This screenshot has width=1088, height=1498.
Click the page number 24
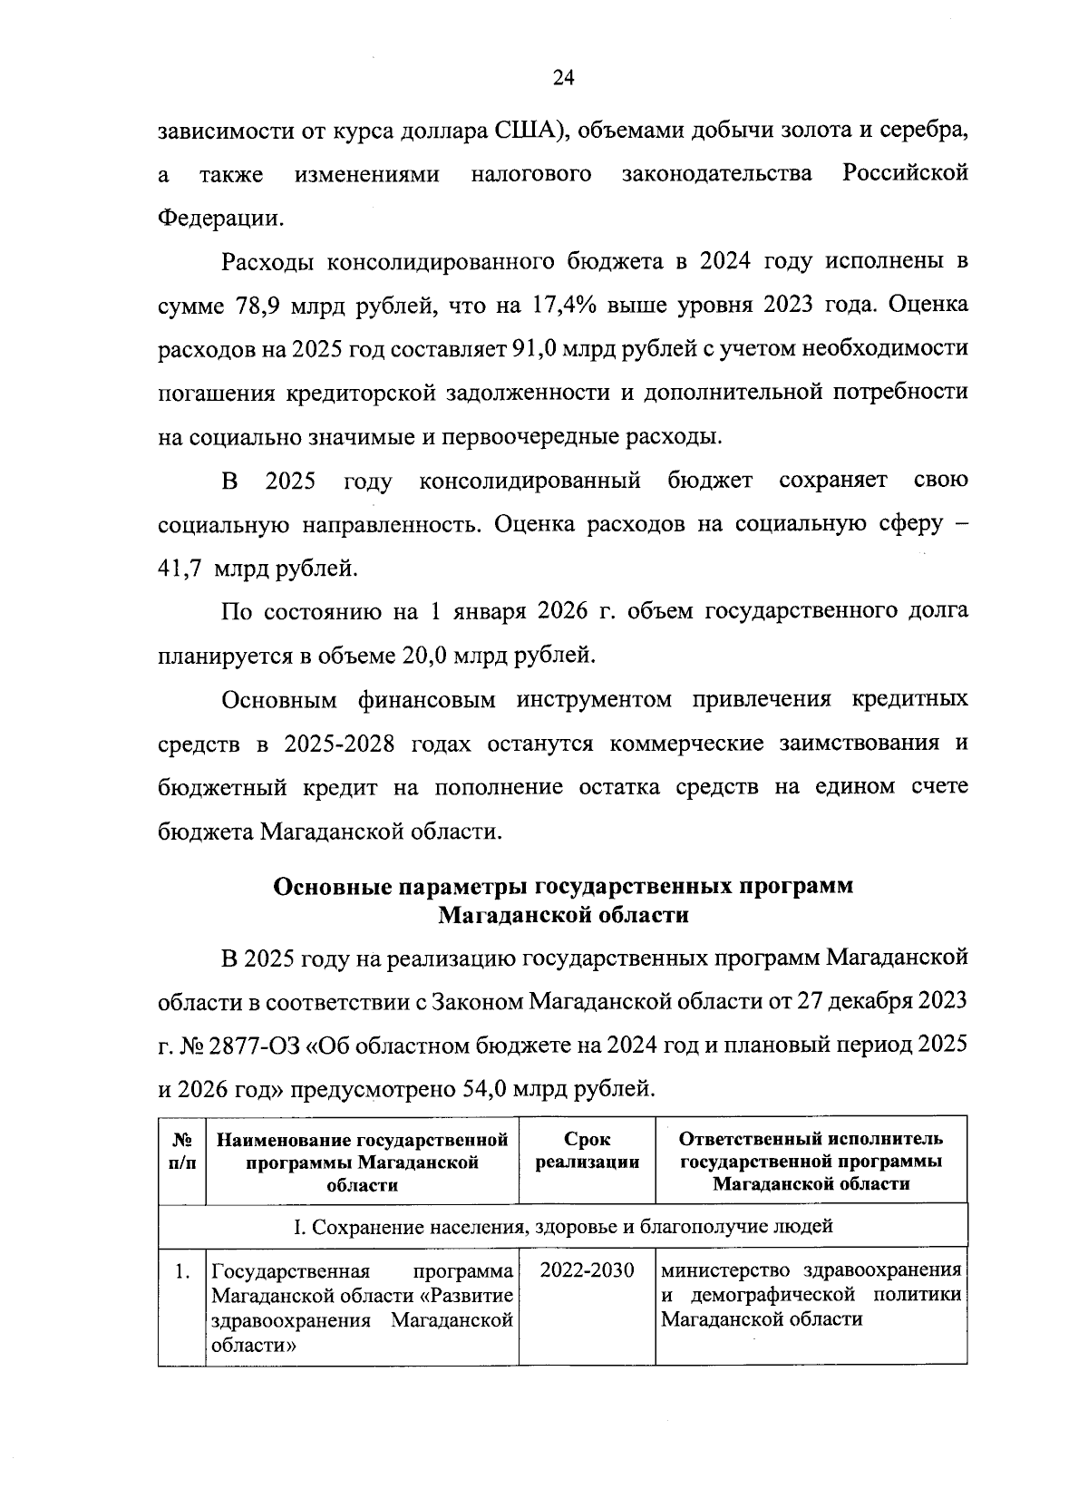pyautogui.click(x=562, y=78)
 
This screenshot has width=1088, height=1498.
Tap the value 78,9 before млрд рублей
pyautogui.click(x=259, y=306)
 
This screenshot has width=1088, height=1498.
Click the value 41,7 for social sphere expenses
pyautogui.click(x=179, y=569)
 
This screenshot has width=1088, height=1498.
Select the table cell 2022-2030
pyautogui.click(x=587, y=1269)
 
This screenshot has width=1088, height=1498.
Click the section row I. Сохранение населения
pyautogui.click(x=562, y=1227)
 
